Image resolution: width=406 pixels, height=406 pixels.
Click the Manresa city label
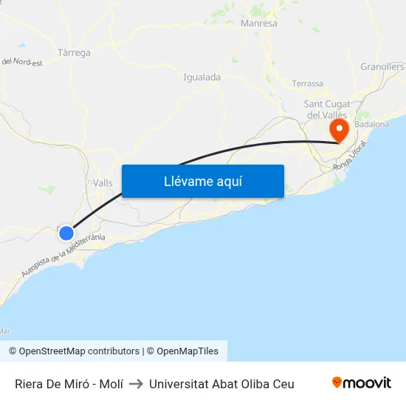(259, 24)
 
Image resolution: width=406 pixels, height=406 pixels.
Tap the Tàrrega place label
(74, 53)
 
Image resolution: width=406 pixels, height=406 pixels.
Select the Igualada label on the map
(202, 77)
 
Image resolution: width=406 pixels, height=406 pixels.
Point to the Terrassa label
(308, 83)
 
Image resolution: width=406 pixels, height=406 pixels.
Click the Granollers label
(382, 66)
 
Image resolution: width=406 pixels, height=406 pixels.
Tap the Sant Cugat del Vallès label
(327, 109)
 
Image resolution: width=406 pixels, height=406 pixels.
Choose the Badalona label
(371, 125)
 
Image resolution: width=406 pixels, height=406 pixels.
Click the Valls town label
(103, 183)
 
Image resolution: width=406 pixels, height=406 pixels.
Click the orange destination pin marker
(340, 131)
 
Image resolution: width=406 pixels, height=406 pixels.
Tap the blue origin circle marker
(66, 233)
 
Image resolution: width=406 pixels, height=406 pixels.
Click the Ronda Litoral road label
(350, 167)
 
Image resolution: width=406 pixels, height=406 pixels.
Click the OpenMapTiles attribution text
(187, 351)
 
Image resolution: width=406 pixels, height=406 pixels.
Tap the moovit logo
(362, 383)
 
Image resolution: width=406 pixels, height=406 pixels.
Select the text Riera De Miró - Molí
(69, 384)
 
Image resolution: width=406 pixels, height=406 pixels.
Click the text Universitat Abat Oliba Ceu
(221, 384)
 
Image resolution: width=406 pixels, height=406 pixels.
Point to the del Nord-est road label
(22, 62)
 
